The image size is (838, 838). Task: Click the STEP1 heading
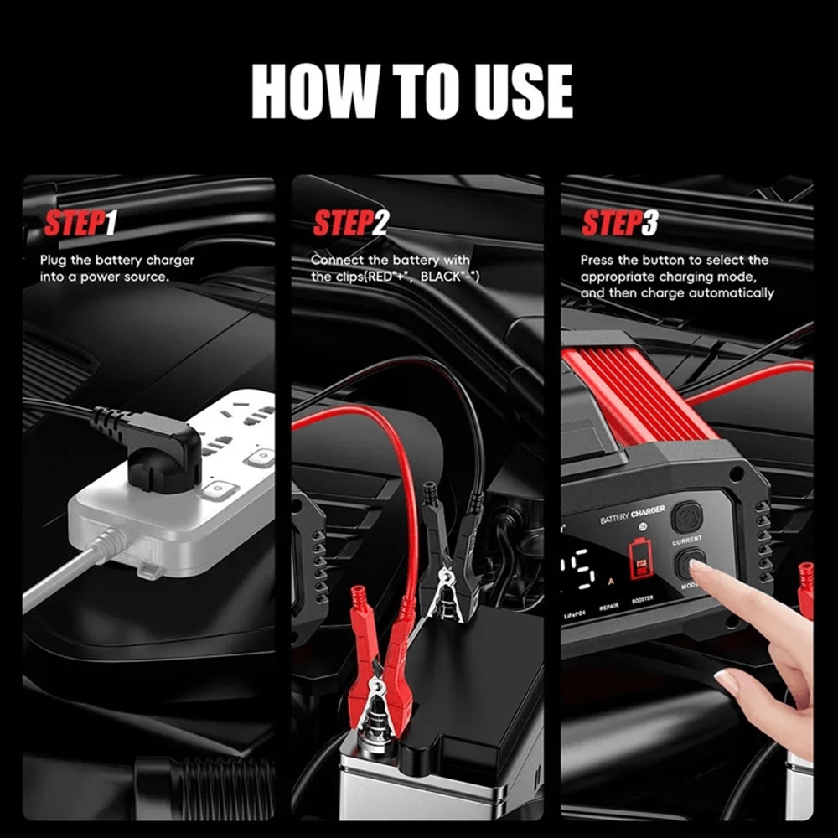pyautogui.click(x=80, y=225)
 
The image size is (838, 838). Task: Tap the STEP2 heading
pyautogui.click(x=350, y=225)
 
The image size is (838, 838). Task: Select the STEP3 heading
pyautogui.click(x=620, y=225)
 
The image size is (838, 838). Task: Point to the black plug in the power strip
pyautogui.click(x=163, y=444)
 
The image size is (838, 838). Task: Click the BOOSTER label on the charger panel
pyautogui.click(x=642, y=600)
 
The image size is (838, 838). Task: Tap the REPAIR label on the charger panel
pyautogui.click(x=608, y=605)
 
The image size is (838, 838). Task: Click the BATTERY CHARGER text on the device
pyautogui.click(x=633, y=515)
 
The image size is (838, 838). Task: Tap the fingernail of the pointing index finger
pyautogui.click(x=701, y=572)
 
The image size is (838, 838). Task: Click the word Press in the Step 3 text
pyautogui.click(x=598, y=260)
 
